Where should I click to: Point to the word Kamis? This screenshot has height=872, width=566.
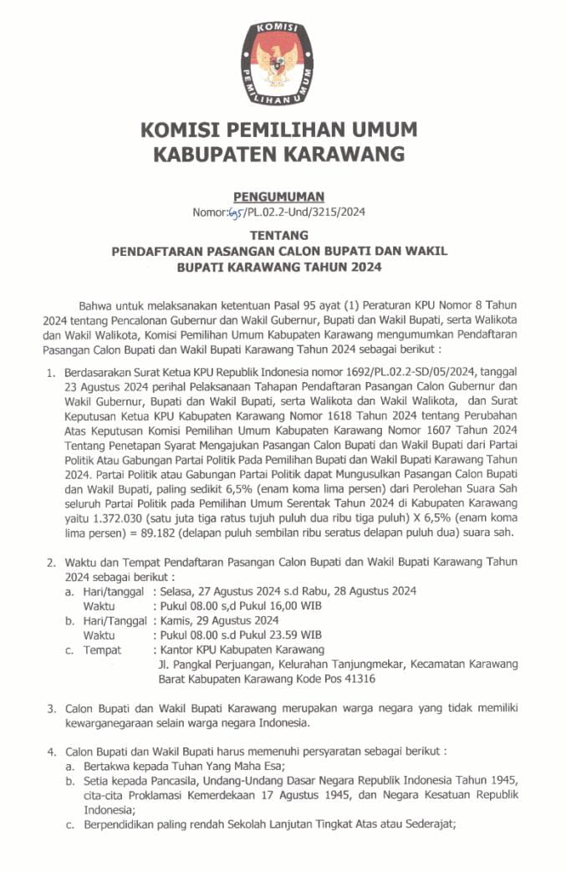coord(175,620)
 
